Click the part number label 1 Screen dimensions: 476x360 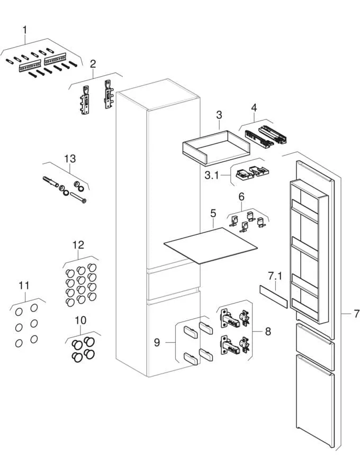tap(24, 31)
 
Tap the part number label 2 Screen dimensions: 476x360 tap(93, 64)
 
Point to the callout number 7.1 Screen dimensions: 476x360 tap(275, 277)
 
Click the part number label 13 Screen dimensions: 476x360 tap(70, 158)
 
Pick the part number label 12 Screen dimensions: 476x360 tap(78, 245)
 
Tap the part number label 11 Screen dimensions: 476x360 tap(24, 286)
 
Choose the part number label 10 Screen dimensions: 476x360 tap(80, 320)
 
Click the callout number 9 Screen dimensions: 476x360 tap(157, 343)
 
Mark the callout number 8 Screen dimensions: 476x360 tap(268, 332)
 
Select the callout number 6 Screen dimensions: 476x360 tap(241, 196)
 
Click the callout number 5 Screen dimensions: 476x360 tap(213, 214)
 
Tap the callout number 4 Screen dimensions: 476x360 tap(254, 108)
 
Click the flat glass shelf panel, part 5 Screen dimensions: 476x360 tap(212, 245)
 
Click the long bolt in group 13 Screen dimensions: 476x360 tap(77, 198)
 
